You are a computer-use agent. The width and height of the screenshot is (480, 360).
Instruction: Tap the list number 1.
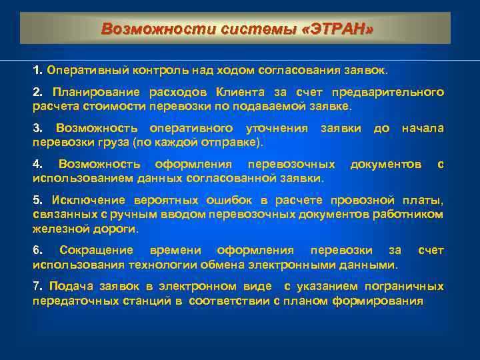37,69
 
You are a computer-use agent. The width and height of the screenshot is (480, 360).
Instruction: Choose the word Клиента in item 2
251,91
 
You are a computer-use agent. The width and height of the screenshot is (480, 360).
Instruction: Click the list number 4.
37,164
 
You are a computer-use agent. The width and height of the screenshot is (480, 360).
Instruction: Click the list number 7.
37,287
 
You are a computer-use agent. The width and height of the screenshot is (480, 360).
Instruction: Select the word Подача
65,287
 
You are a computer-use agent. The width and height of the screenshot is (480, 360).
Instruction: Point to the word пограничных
409,287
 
